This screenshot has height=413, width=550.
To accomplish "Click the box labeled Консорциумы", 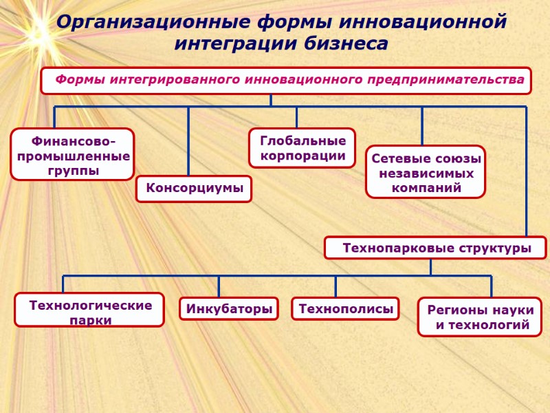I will point(194,189).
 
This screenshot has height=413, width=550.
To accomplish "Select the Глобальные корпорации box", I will point(302,148).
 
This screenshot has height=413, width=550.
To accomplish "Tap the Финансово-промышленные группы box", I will point(72,155).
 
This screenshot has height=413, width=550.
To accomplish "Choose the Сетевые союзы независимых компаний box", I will point(425,172).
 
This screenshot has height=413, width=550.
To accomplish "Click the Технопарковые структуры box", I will point(436,248).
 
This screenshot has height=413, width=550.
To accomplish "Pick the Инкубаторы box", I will point(229,309).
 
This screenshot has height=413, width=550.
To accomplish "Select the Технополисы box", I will point(346,309).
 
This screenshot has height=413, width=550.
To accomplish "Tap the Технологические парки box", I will point(90,310).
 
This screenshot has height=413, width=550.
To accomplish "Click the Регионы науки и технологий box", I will point(479,317).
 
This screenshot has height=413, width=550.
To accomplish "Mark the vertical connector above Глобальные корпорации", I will point(297,117).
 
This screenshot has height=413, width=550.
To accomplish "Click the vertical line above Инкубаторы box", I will point(219,286).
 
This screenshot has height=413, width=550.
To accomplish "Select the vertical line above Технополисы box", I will point(336,286).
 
